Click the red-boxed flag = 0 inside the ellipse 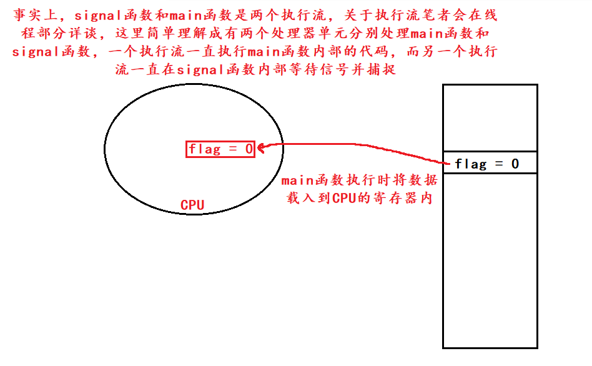click(220, 149)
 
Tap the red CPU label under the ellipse click(192, 205)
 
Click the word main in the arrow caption click(297, 181)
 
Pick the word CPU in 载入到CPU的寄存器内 click(343, 199)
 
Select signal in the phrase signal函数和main click(97, 15)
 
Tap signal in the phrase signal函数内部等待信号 click(200, 70)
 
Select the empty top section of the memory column click(490, 117)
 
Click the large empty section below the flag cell click(490, 260)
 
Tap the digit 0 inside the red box click(248, 149)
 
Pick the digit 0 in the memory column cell click(515, 164)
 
